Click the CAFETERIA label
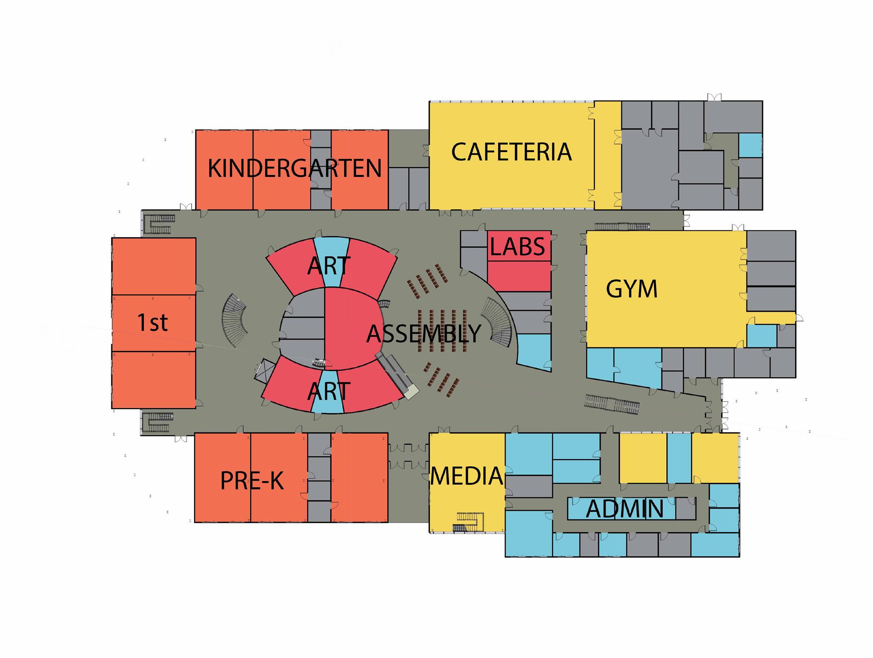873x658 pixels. pos(511,152)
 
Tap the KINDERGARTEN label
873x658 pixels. pos(294,168)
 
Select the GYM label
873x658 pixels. pos(631,289)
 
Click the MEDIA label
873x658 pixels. pos(466,476)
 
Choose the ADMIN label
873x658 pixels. pos(624,509)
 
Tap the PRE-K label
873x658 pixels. pos(252,481)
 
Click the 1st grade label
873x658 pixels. pos(153,322)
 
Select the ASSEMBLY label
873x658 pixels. pos(424,333)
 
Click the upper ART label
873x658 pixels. pos(329,266)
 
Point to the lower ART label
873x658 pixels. pos(329,391)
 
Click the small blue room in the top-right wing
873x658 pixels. pos(750,145)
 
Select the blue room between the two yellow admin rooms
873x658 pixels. pos(679,458)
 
